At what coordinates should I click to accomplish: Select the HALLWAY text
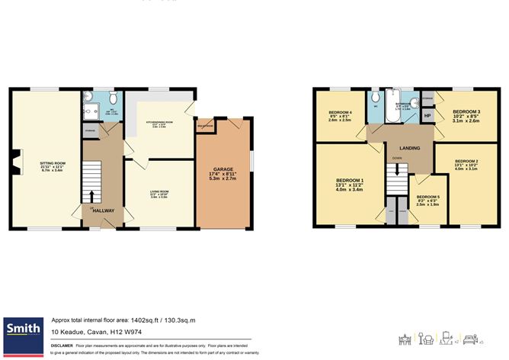[x=103, y=211]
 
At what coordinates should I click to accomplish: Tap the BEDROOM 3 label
[x=466, y=111]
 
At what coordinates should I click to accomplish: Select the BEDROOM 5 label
[x=427, y=196]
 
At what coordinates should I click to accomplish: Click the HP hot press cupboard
[x=427, y=115]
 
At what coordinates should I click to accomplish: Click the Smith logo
[x=23, y=329]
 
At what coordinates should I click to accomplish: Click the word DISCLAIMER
[x=62, y=346]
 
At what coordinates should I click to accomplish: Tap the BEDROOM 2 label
[x=466, y=162]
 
